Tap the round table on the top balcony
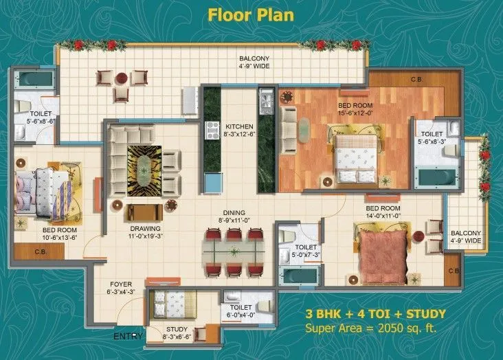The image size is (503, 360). (x=121, y=78)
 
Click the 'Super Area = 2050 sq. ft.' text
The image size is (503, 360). (x=371, y=328)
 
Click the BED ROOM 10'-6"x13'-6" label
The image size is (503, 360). (x=58, y=234)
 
